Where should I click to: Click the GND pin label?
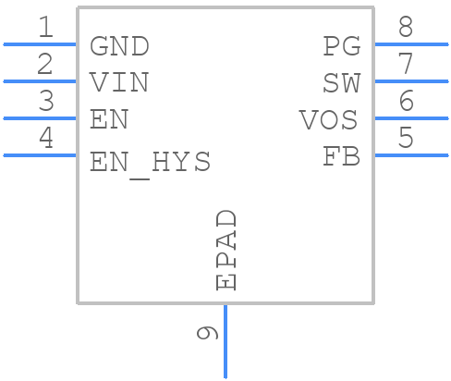click(x=119, y=46)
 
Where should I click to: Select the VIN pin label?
click(x=119, y=83)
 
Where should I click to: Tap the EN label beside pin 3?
click(x=109, y=120)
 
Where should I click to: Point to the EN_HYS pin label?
click(x=150, y=163)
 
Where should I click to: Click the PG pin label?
click(x=341, y=46)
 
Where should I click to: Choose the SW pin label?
click(x=341, y=83)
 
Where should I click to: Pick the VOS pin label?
click(x=329, y=120)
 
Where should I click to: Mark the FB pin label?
click(x=341, y=157)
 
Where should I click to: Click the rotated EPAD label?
click(x=226, y=250)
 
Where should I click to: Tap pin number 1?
click(x=44, y=28)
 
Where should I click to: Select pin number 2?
click(x=44, y=65)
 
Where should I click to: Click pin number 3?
click(x=44, y=102)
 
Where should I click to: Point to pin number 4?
click(x=44, y=139)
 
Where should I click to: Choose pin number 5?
click(x=406, y=139)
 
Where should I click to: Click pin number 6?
click(x=406, y=102)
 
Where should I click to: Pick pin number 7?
click(x=406, y=65)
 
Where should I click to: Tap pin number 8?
click(x=406, y=28)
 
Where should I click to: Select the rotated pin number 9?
click(x=208, y=332)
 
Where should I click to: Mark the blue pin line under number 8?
click(x=410, y=43)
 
